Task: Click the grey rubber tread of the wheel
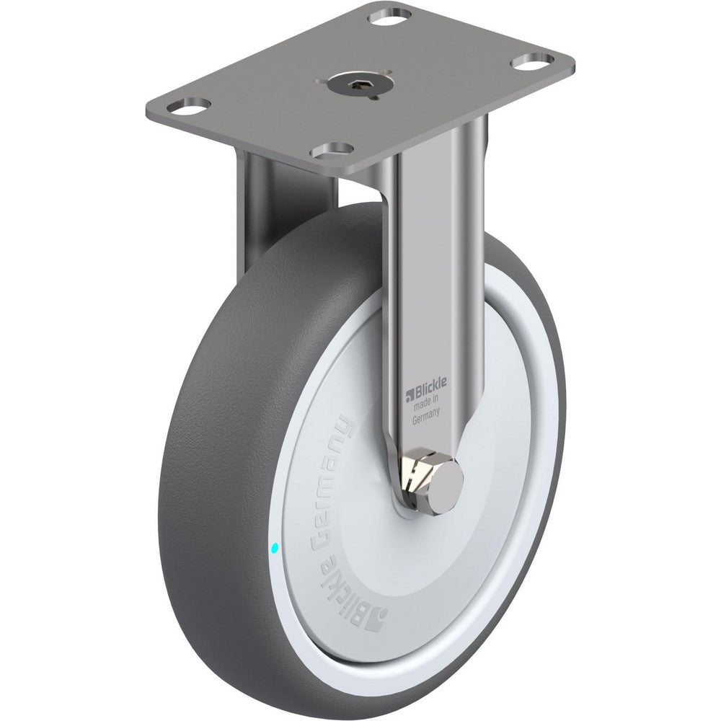pyautogui.click(x=216, y=469)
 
